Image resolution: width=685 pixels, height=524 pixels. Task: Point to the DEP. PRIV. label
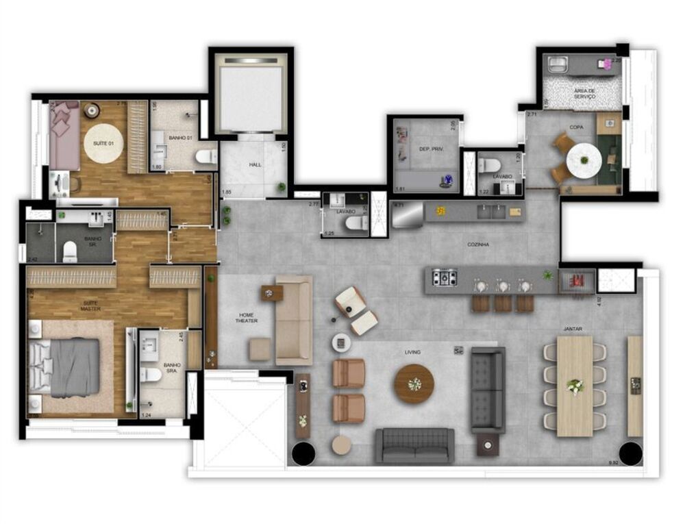coord(427,148)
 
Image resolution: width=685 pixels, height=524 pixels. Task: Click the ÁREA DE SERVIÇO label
coord(585,94)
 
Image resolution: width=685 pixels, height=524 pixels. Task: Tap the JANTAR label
coord(573,329)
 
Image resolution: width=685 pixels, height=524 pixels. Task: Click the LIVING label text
coord(412,352)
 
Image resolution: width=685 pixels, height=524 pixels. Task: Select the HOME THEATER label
coord(247,317)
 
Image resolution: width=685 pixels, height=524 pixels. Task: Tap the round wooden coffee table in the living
coord(413,384)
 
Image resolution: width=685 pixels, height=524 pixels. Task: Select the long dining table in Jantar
coord(574,386)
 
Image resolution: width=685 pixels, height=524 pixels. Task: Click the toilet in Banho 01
coord(206,157)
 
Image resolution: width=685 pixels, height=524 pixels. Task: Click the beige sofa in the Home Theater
coord(294,319)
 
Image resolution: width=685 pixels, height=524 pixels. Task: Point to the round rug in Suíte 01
coord(103,143)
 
